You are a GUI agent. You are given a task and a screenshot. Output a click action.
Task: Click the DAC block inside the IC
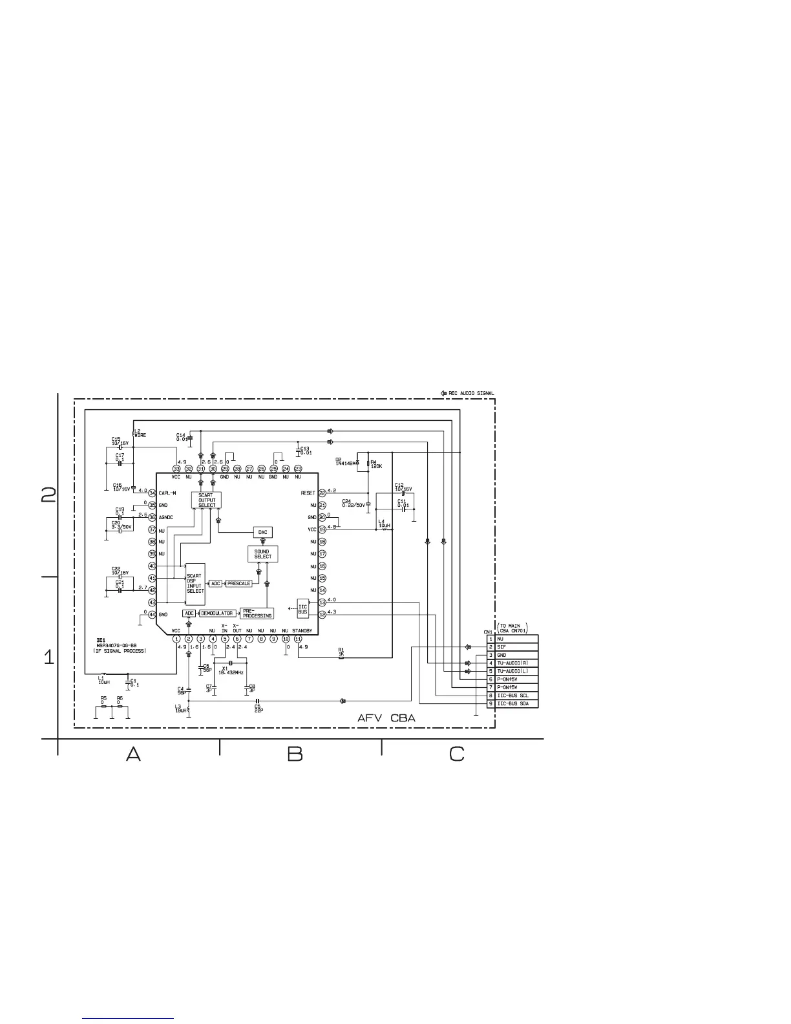(263, 532)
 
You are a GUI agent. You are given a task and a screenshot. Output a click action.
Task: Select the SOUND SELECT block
(263, 554)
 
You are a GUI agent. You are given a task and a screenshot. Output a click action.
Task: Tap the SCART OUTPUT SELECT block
(207, 500)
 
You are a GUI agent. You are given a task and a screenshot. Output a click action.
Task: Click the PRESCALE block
(238, 583)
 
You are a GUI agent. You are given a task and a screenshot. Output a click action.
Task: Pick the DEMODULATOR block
(216, 613)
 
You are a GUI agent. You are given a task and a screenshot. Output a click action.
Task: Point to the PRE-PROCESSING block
(257, 613)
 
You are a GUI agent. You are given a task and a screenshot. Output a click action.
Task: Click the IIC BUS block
(302, 608)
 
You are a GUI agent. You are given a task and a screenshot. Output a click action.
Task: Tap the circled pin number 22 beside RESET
(322, 493)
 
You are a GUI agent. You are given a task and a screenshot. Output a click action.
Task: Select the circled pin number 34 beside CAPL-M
(152, 493)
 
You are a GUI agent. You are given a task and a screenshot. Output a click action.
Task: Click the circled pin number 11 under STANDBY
(298, 639)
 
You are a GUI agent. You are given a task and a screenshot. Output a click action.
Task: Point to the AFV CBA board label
(386, 719)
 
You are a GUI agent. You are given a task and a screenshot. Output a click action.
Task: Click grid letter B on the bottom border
(295, 754)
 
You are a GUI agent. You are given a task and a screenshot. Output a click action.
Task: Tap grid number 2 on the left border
(48, 495)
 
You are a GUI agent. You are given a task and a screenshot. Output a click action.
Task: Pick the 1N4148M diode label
(346, 462)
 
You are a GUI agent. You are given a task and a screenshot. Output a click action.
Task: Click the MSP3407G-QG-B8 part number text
(117, 645)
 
